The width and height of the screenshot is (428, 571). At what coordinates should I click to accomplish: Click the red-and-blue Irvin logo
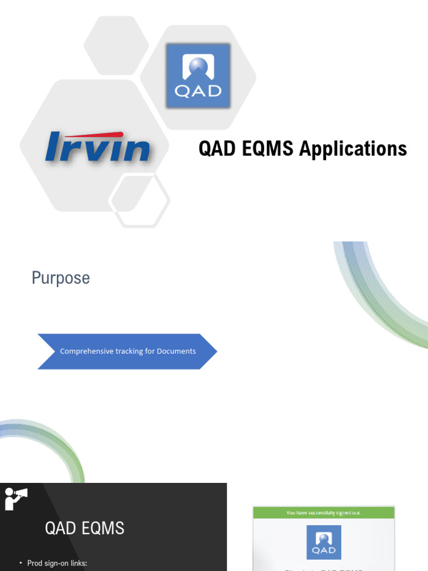98,147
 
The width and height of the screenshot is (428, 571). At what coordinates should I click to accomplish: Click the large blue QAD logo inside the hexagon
198,76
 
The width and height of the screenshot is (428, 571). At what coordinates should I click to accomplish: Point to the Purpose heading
61,278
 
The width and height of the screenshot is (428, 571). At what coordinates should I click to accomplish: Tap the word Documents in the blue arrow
176,351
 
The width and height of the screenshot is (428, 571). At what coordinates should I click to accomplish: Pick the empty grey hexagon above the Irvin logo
116,45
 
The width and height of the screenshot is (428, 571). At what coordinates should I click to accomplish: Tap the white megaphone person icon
14,498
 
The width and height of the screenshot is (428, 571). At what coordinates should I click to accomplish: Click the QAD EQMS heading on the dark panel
85,528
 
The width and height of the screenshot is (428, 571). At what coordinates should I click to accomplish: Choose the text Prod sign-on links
57,563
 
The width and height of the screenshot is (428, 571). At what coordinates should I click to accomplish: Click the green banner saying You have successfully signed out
323,512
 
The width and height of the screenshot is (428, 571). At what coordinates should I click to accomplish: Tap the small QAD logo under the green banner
324,541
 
